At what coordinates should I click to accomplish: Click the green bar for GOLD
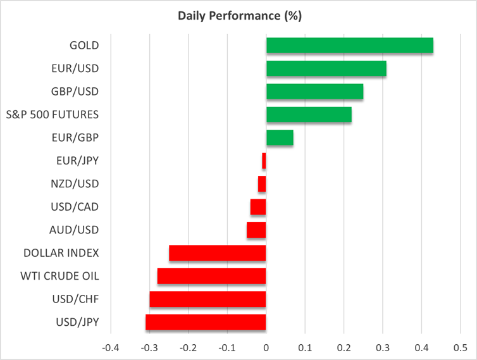tap(349, 46)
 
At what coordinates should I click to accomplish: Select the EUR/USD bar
tap(326, 68)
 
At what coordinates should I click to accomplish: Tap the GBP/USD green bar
tap(314, 92)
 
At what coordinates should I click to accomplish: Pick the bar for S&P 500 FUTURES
tap(309, 115)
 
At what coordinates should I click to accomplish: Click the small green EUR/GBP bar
tap(280, 137)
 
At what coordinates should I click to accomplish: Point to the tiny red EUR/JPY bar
tap(264, 161)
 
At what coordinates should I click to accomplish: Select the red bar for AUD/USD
tap(256, 230)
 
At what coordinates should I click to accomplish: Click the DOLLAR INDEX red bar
tap(218, 253)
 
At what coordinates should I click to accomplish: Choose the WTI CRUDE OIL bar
tap(211, 276)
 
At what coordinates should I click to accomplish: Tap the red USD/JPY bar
tap(206, 322)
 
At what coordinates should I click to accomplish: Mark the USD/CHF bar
tap(208, 299)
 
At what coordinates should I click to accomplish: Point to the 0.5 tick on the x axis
tap(460, 348)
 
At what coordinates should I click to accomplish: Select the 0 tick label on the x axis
tap(266, 348)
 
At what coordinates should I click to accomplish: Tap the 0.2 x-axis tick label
tap(344, 348)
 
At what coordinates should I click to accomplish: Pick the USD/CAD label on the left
tap(75, 207)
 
